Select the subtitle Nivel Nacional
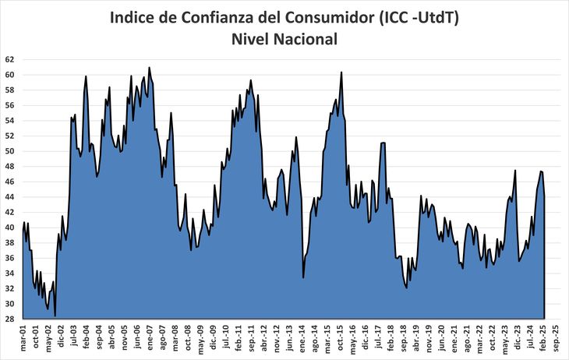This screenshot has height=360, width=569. pos(284,39)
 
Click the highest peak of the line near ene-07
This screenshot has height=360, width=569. pos(149,68)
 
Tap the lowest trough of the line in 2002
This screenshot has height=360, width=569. pos(55,316)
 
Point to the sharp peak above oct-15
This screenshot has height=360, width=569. pos(341,72)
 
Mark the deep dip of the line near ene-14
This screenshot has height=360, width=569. pos(303,277)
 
